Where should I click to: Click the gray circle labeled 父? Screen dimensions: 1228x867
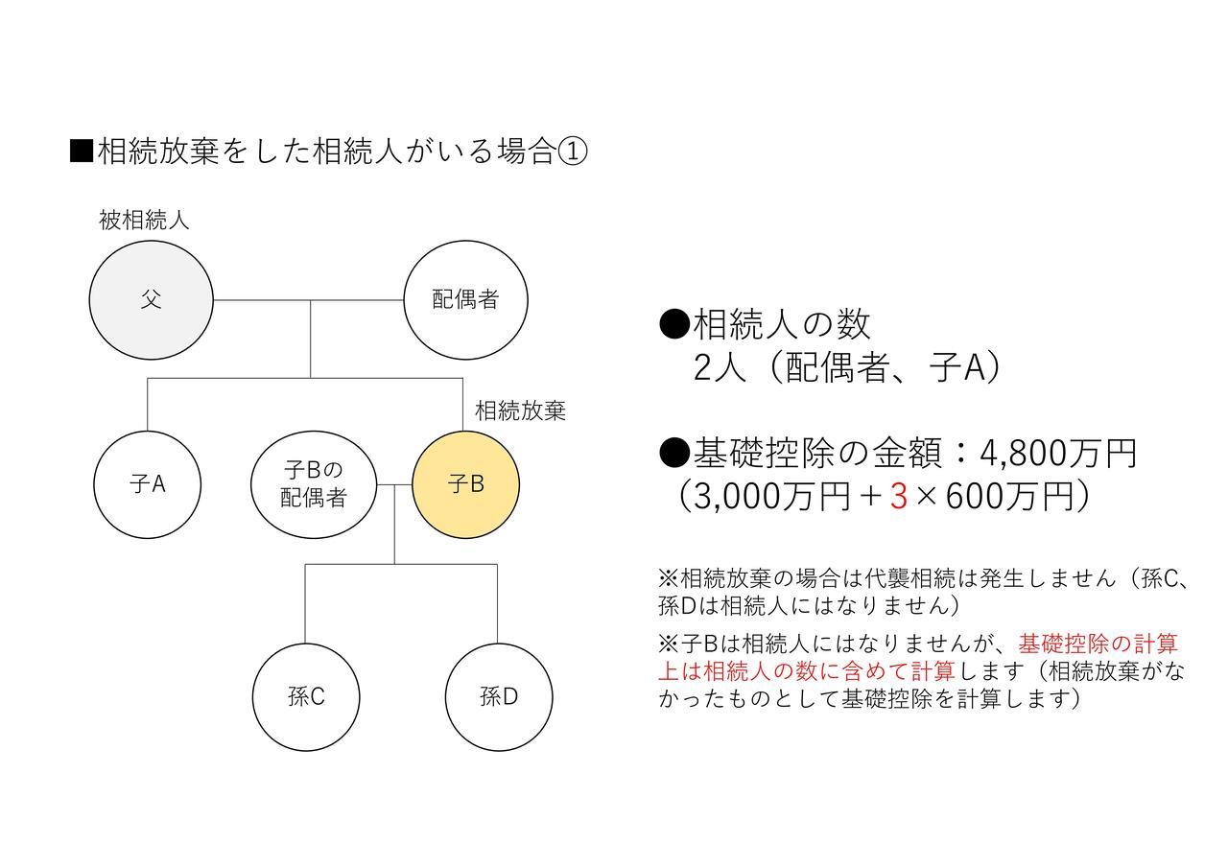[152, 300]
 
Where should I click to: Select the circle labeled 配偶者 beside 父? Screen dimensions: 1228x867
[466, 300]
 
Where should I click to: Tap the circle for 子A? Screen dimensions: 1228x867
[148, 484]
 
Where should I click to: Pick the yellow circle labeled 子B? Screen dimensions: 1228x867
[466, 484]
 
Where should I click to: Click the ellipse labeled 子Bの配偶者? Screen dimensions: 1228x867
[314, 484]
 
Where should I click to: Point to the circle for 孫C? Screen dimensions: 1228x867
[306, 697]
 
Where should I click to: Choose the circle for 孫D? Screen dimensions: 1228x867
[499, 697]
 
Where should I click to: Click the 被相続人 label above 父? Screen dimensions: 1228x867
[144, 221]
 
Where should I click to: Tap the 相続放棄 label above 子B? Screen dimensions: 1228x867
[520, 410]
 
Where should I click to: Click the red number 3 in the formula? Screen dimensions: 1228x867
[899, 497]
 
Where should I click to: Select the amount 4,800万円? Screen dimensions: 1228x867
[1057, 454]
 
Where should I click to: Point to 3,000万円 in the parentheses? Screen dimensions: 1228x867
[771, 497]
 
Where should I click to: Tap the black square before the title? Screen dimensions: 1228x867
[82, 152]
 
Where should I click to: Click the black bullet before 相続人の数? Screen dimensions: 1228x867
[673, 324]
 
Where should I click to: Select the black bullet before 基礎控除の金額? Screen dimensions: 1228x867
[673, 454]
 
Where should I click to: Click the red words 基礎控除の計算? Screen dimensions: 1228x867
[1098, 644]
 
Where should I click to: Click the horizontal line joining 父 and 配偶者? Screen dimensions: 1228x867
[309, 300]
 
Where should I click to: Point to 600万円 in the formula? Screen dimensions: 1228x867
[1009, 497]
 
